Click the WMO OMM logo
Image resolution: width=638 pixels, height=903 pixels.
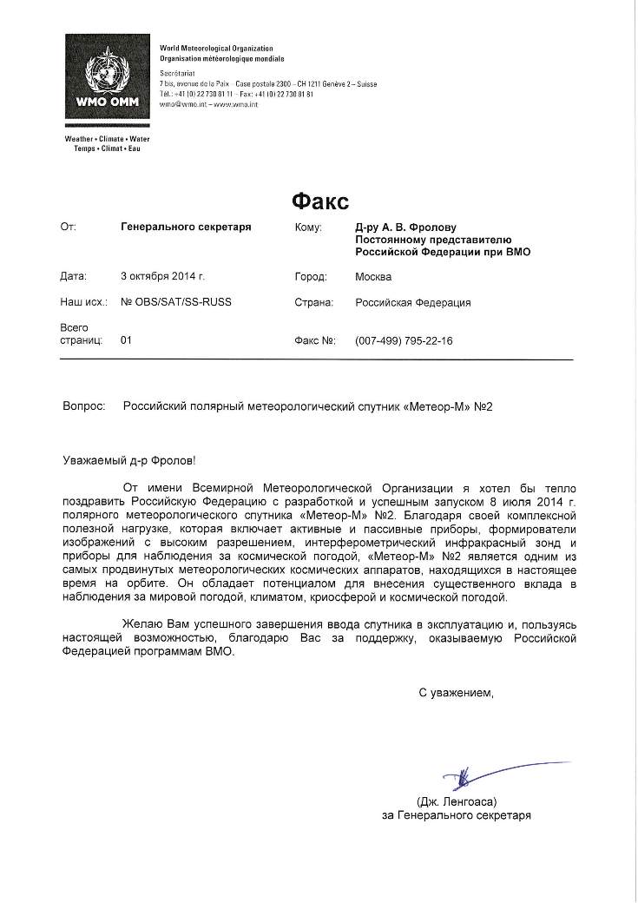pos(108,83)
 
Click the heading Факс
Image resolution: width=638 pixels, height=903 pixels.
pos(319,202)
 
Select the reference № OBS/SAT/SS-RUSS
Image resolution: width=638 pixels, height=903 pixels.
pos(176,303)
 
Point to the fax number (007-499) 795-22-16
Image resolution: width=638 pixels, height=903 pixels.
pos(404,341)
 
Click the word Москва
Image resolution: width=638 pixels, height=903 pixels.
pos(373,277)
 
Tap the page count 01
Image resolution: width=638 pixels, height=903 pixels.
pos(126,341)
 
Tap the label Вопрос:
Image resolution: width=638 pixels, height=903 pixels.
pos(84,405)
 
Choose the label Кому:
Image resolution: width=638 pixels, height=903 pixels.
pos(309,227)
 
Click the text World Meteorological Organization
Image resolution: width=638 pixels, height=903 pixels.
pos(216,49)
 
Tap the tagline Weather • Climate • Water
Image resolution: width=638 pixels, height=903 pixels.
pos(107,139)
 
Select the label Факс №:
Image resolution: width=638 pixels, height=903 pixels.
pos(315,341)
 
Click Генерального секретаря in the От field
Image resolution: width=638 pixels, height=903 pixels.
pos(186,227)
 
